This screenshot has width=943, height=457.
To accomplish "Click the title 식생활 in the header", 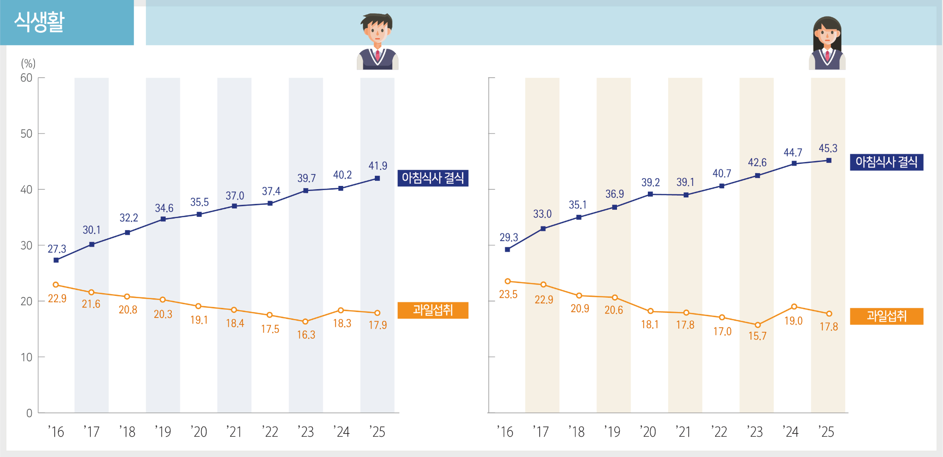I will [39, 22].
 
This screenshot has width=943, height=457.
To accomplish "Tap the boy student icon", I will [377, 41].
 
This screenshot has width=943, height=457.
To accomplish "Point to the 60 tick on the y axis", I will [26, 78].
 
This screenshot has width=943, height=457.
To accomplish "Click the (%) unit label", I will [28, 64].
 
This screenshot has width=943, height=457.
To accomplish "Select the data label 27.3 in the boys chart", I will [57, 249].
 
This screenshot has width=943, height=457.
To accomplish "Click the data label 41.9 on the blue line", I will [378, 166].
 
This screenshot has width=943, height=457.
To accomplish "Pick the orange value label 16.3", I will [306, 335].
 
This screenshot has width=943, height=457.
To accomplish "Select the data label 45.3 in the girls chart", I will [828, 149].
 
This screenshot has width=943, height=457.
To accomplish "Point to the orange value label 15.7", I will [757, 336].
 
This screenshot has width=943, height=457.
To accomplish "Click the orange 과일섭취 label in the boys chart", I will [433, 310].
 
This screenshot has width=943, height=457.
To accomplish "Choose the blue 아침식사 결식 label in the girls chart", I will [886, 162].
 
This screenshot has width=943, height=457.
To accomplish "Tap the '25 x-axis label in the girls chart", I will [827, 432].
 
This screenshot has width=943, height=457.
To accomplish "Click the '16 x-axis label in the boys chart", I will [56, 432].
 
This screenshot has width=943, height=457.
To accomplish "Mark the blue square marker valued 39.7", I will [306, 191].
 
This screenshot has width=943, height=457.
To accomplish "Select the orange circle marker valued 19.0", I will [794, 307].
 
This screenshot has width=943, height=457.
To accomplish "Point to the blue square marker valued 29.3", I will [507, 249].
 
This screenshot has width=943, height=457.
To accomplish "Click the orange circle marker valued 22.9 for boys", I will [56, 285].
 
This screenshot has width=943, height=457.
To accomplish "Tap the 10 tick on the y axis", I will [26, 357].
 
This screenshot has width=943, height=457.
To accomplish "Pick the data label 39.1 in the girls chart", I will [685, 182].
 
